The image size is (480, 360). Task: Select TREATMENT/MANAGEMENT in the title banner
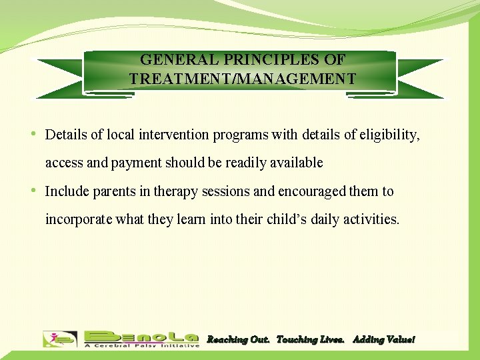click(243, 79)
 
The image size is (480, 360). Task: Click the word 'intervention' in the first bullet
click(175, 135)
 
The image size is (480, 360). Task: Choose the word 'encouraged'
click(309, 191)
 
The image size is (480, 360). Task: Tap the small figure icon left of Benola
click(59, 339)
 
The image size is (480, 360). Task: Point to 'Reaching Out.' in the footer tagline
click(238, 340)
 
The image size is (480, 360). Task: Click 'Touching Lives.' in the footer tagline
click(310, 340)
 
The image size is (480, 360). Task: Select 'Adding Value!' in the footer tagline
click(383, 340)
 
